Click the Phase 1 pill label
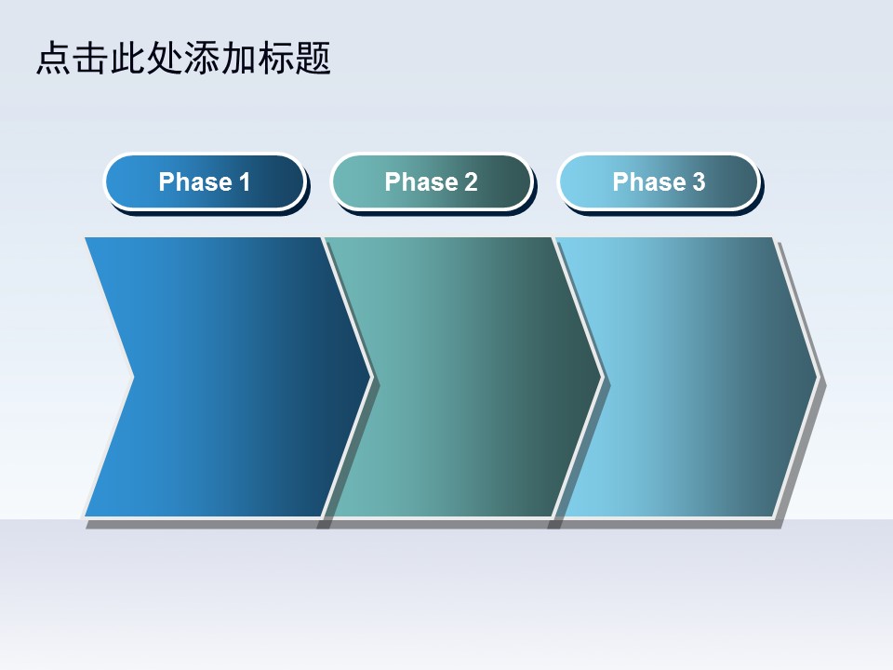tap(205, 181)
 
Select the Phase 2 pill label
tap(431, 181)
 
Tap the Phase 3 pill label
tap(659, 181)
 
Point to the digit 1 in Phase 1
tap(245, 182)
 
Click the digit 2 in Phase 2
tap(471, 182)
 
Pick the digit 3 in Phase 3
tap(699, 182)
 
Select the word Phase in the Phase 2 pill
tap(420, 182)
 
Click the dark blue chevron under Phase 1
tap(228, 377)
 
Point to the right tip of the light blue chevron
tap(818, 377)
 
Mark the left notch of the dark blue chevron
tap(134, 377)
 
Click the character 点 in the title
tap(54, 58)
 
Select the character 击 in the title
tap(90, 58)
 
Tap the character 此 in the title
tap(127, 58)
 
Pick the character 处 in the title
tap(165, 58)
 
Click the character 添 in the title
tap(202, 58)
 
